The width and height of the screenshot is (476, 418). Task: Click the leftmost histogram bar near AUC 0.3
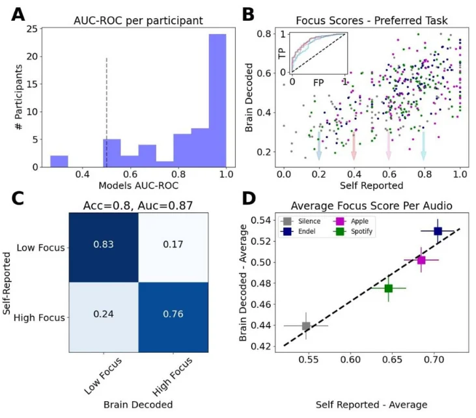coord(59,161)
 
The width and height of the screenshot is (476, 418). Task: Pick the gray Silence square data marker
coord(306,326)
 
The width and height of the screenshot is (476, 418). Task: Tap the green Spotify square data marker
coord(389,288)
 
